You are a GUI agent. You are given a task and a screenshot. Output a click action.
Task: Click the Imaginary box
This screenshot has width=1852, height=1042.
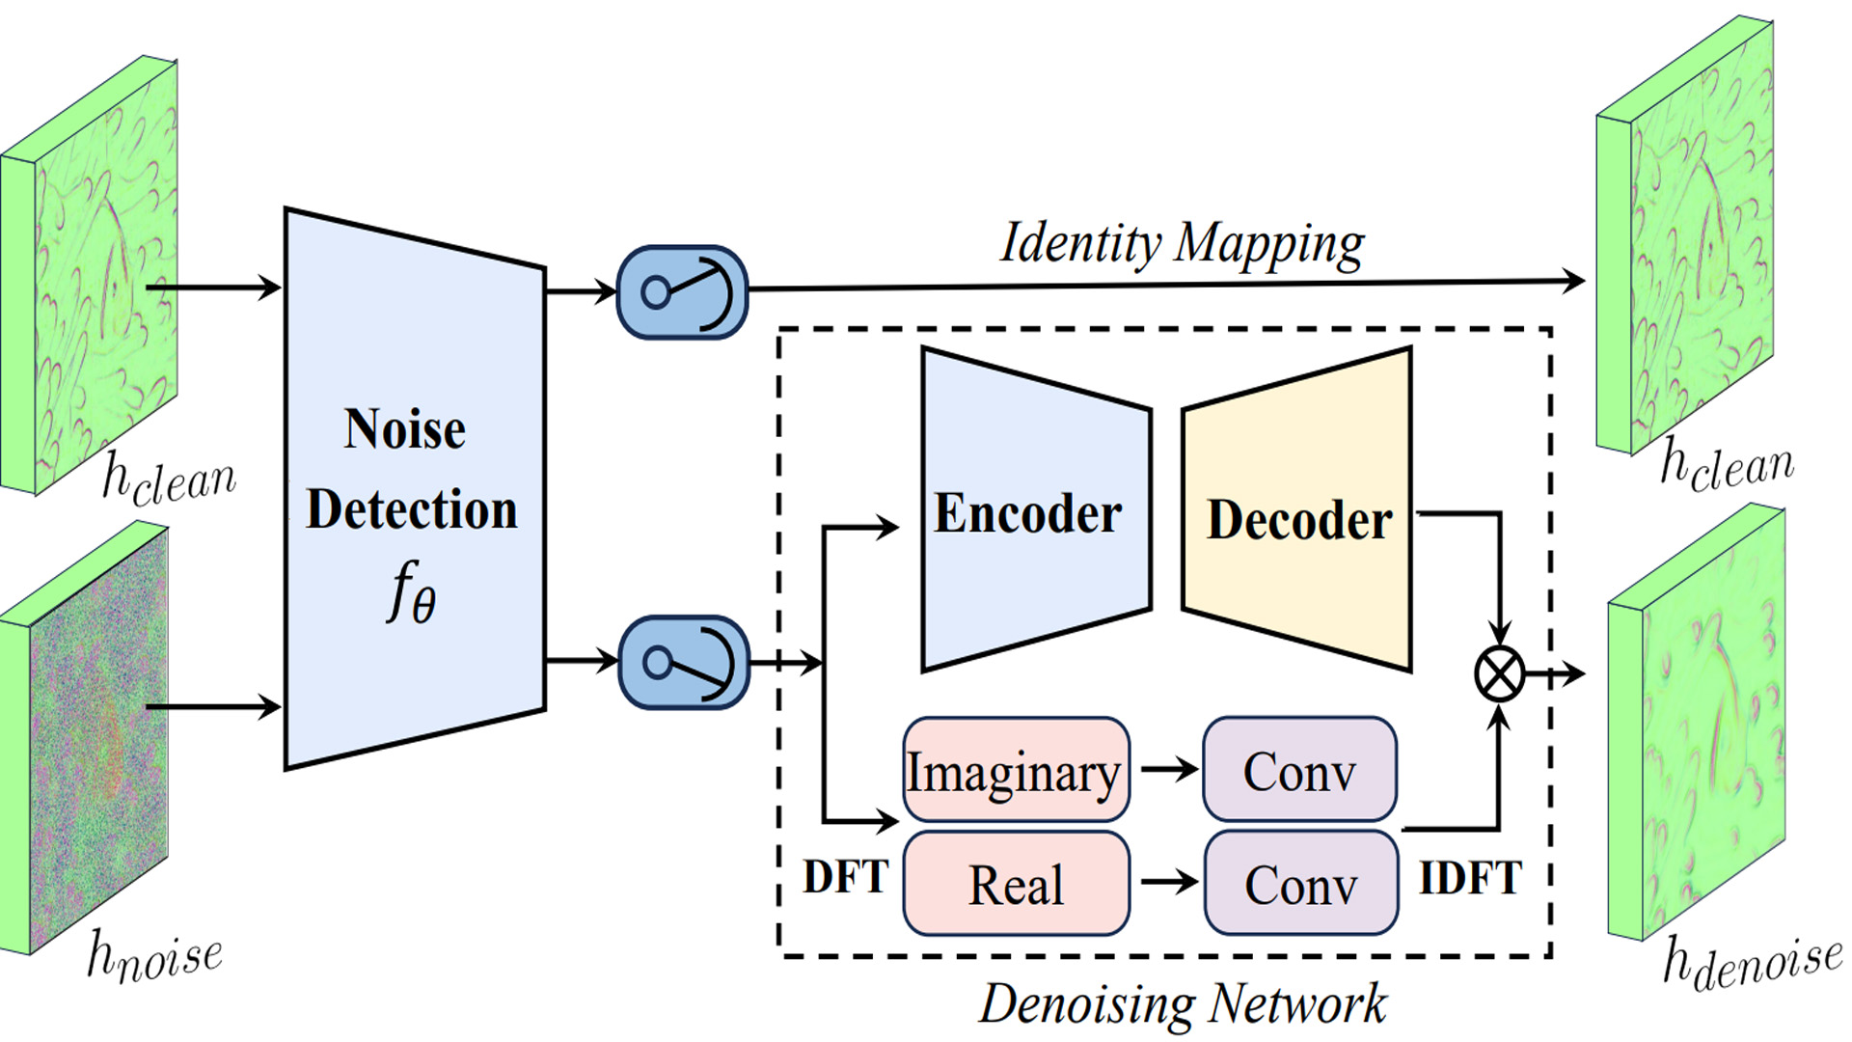1015,771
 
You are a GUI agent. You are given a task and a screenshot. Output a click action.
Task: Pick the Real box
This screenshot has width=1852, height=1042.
1015,884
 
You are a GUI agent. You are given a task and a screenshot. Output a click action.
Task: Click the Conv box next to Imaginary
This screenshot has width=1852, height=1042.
1299,771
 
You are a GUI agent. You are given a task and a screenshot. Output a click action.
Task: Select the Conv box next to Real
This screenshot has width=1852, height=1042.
1300,884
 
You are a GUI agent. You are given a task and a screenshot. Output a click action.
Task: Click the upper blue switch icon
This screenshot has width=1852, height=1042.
682,291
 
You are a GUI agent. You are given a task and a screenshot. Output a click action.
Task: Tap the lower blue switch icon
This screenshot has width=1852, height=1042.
683,663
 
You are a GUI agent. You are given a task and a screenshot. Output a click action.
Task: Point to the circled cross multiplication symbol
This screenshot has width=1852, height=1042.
1499,673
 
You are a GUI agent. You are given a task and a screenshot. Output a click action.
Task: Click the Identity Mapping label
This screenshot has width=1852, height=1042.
1182,243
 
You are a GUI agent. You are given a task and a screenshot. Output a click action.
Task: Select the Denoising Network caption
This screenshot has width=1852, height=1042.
1183,1003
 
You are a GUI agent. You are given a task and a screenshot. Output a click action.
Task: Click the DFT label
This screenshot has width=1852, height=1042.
845,877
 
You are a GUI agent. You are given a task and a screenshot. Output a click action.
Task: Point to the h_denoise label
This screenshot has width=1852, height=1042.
1751,962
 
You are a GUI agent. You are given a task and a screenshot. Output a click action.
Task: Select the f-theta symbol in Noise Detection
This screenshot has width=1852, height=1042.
411,592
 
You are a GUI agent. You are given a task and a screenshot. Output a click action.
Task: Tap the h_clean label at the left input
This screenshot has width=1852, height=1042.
169,479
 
